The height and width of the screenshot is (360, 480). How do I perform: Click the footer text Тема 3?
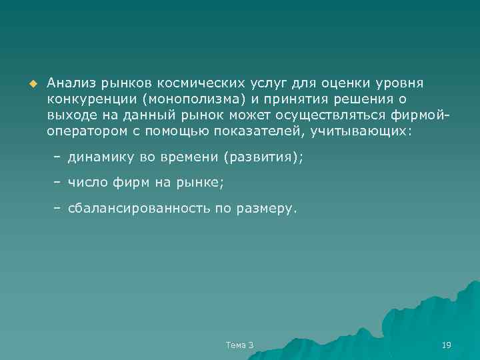pyautogui.click(x=240, y=344)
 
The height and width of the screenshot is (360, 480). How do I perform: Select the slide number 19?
pyautogui.click(x=447, y=344)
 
